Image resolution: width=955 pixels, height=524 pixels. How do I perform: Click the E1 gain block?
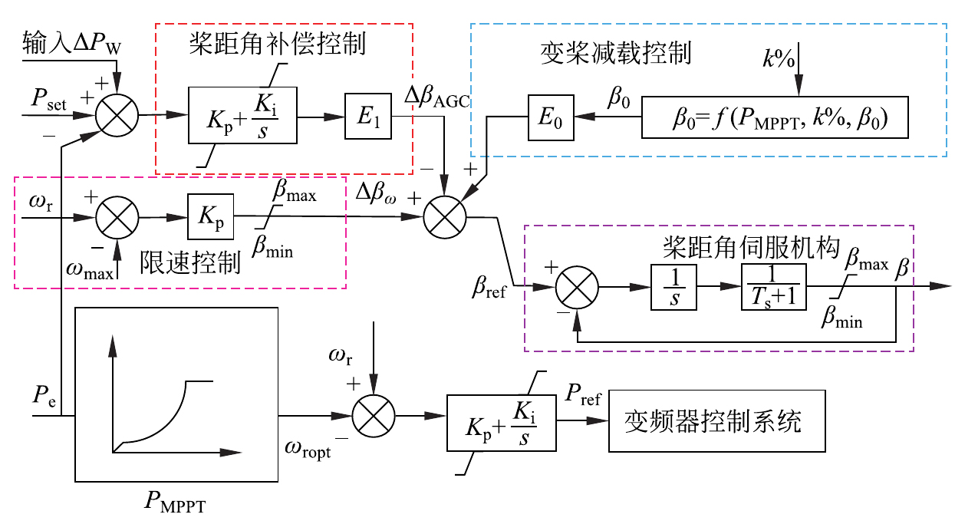click(368, 117)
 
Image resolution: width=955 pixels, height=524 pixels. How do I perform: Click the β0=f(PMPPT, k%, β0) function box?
click(775, 117)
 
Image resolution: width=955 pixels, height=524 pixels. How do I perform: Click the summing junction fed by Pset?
click(117, 117)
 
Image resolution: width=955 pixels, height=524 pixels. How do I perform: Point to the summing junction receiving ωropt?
click(372, 417)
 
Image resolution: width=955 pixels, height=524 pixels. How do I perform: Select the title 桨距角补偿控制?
click(277, 44)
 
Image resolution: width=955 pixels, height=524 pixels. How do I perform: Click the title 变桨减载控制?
click(615, 53)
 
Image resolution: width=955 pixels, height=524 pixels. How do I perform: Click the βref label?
click(490, 291)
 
